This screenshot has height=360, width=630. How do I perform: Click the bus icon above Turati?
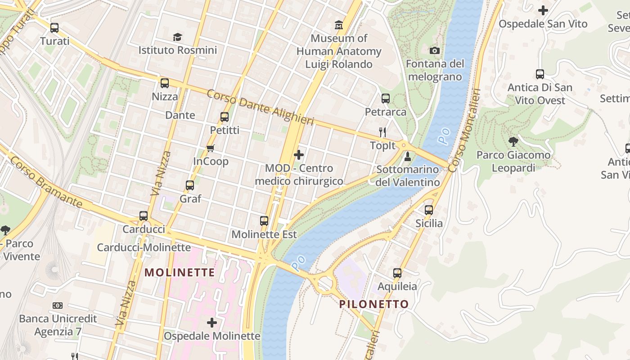click(54, 28)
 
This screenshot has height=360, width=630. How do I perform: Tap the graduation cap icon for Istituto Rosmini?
click(178, 37)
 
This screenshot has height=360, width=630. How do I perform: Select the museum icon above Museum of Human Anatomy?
click(339, 24)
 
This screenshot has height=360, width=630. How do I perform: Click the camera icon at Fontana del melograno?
click(435, 50)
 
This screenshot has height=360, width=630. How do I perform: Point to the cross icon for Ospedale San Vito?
click(543, 10)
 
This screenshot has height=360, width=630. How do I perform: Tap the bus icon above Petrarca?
click(386, 99)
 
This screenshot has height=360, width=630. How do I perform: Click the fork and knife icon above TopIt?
click(383, 132)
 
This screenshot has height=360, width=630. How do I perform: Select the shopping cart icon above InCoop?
click(211, 148)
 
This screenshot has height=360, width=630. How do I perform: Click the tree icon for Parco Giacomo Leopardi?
click(513, 142)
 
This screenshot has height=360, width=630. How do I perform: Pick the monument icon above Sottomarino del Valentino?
click(408, 157)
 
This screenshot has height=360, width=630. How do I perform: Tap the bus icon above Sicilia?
click(429, 210)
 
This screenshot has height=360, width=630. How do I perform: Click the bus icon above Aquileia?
click(397, 273)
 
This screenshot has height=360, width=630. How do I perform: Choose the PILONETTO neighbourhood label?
click(374, 304)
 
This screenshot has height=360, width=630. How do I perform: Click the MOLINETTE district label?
click(180, 273)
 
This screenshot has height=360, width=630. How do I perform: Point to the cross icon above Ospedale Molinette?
click(211, 323)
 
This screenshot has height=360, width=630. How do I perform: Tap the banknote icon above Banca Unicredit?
click(58, 306)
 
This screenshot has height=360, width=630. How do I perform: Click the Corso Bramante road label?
click(46, 182)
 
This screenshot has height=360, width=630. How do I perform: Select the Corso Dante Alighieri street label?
click(260, 108)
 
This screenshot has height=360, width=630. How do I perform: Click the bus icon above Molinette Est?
click(264, 221)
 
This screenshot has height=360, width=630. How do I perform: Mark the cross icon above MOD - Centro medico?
click(299, 155)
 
